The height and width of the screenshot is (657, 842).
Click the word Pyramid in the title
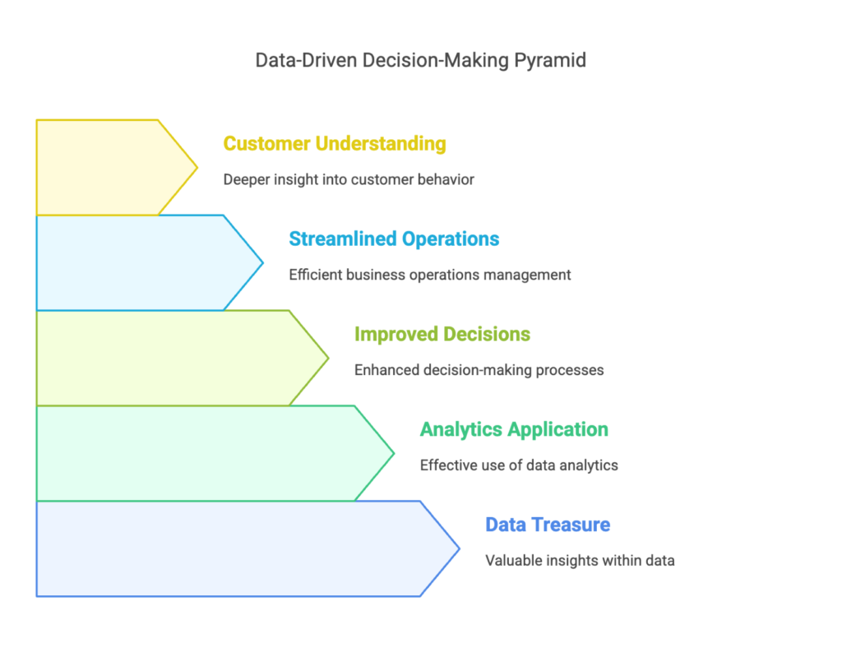550,61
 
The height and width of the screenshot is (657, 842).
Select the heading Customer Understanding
335,143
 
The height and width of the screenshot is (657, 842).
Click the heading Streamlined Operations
394,239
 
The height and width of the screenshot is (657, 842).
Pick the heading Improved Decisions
442,334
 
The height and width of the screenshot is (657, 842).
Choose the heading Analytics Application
514,430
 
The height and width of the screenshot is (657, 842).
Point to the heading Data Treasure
548,525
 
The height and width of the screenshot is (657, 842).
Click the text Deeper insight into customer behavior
349,179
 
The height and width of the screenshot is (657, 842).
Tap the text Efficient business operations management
429,275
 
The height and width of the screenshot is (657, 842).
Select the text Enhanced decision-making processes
479,370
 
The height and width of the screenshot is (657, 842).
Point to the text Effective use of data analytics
519,465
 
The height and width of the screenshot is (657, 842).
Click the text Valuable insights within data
580,560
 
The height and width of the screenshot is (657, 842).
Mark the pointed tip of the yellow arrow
197,168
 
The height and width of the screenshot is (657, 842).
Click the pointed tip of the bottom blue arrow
459,548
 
